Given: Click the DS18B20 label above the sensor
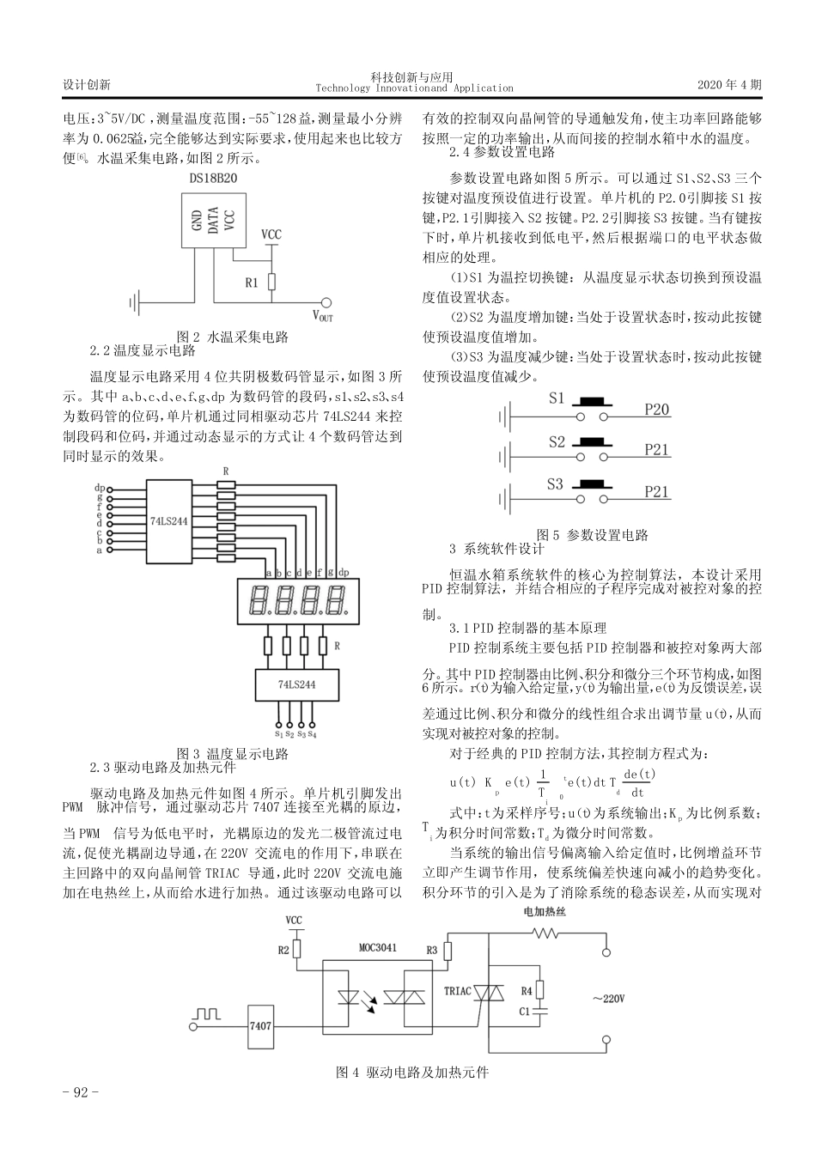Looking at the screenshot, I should pyautogui.click(x=214, y=178).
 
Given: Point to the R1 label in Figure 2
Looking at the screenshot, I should pyautogui.click(x=252, y=282).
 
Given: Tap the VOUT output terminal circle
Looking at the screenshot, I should pyautogui.click(x=326, y=301).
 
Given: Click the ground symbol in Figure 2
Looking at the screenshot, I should pyautogui.click(x=135, y=301).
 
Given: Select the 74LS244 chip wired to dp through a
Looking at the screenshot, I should pyautogui.click(x=168, y=521).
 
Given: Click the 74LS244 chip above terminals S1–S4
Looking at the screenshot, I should pyautogui.click(x=296, y=684).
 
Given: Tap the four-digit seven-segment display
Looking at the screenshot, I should pyautogui.click(x=296, y=600).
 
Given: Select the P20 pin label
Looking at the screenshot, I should pyautogui.click(x=657, y=410).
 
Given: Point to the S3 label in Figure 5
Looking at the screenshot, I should pyautogui.click(x=556, y=483).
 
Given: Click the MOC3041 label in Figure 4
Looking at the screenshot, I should pyautogui.click(x=378, y=947).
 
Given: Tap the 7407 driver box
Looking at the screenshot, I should pyautogui.click(x=260, y=1025).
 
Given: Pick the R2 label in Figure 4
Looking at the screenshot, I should pyautogui.click(x=283, y=951).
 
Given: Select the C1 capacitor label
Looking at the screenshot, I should pyautogui.click(x=525, y=1011).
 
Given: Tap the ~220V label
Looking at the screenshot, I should pyautogui.click(x=607, y=999).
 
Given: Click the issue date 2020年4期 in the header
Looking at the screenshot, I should pyautogui.click(x=729, y=85).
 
